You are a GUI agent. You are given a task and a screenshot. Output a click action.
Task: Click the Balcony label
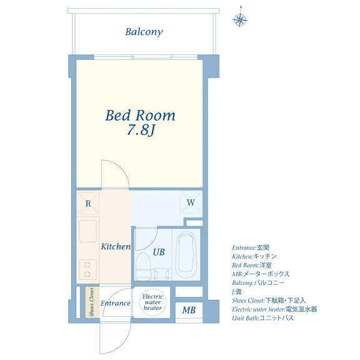pyautogui.click(x=144, y=32)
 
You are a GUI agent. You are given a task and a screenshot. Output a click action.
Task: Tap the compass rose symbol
pyautogui.click(x=240, y=19)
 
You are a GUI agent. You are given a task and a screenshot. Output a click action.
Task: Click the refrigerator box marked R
pyautogui.click(x=88, y=203)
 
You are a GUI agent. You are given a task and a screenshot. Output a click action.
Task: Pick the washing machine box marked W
pyautogui.click(x=191, y=202)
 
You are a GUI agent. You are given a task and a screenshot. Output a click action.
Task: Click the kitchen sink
pyautogui.click(x=87, y=231)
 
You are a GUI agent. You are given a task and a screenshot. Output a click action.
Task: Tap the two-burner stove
pyautogui.click(x=87, y=270)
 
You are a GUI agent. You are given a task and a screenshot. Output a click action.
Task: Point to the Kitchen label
pyautogui.click(x=116, y=247)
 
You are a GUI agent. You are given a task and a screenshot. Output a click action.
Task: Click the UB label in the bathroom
pyautogui.click(x=159, y=252)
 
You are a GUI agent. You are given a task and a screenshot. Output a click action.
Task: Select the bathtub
pyautogui.click(x=186, y=254)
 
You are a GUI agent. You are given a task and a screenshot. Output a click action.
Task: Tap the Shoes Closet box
pyautogui.click(x=92, y=302)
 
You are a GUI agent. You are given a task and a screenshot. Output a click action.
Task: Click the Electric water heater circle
pyautogui.click(x=152, y=302)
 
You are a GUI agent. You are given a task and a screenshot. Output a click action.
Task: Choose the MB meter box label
pyautogui.click(x=189, y=310)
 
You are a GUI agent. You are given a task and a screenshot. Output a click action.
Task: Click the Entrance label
pyautogui.click(x=116, y=303)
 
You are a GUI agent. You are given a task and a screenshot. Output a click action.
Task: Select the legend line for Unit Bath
pyautogui.click(x=263, y=318)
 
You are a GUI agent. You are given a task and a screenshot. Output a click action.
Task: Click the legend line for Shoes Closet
pyautogui.click(x=269, y=301)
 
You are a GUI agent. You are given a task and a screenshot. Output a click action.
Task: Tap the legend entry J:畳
pyautogui.click(x=237, y=292)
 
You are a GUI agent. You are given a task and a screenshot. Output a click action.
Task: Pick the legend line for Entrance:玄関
pyautogui.click(x=251, y=247)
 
